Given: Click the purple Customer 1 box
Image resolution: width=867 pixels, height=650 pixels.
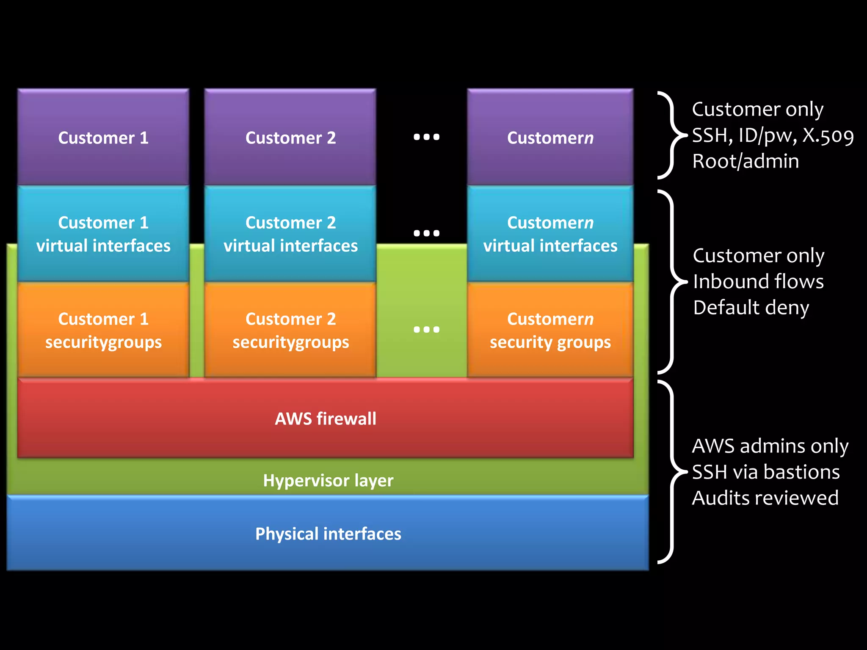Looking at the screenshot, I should (x=103, y=137).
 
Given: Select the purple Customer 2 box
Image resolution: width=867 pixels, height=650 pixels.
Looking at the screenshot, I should (x=290, y=137).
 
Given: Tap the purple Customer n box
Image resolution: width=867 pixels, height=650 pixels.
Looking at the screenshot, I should (x=550, y=137).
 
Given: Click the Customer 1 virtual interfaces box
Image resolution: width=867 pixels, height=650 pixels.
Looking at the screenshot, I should (x=103, y=234).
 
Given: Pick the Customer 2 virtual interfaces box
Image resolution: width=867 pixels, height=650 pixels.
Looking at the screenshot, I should (x=290, y=234).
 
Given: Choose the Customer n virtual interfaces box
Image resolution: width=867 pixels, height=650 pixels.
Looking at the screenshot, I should (x=550, y=234).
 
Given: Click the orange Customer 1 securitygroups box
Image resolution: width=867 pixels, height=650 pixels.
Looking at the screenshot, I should (x=103, y=330).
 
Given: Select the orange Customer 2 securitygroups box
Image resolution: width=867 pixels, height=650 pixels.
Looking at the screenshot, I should (x=290, y=330).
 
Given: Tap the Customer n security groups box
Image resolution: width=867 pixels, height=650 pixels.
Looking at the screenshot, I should (x=550, y=330).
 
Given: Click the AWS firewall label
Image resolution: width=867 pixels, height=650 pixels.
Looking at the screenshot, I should (x=325, y=419).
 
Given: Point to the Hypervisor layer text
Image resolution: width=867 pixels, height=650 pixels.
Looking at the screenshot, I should (x=328, y=480).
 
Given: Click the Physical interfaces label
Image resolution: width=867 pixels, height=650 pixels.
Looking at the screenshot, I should (x=328, y=534).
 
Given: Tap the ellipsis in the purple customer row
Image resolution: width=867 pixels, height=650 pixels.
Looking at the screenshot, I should (x=426, y=137).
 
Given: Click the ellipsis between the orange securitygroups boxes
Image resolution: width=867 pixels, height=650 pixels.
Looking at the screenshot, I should (x=426, y=329).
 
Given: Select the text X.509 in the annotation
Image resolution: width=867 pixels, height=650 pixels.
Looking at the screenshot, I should (x=828, y=135).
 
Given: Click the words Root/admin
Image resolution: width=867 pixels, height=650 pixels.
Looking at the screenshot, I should (x=746, y=161).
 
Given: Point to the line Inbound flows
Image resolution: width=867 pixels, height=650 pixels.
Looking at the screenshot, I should (x=758, y=281).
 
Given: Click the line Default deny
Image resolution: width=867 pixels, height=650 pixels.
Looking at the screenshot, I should (x=751, y=308).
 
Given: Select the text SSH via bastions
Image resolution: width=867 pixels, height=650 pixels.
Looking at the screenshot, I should (x=765, y=472).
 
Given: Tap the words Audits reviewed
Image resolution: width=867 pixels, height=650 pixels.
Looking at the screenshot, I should (x=765, y=498).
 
